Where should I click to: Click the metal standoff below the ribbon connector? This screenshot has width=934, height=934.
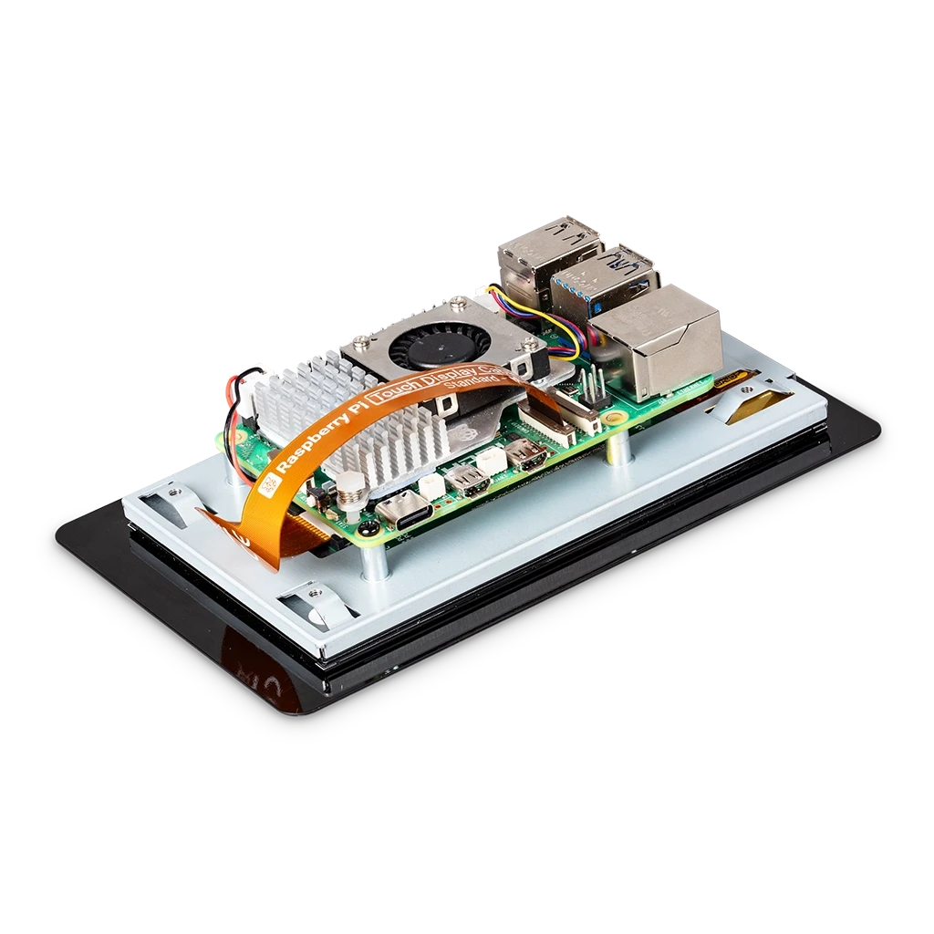pyautogui.click(x=618, y=448)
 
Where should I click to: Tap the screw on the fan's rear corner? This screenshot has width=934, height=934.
pyautogui.click(x=453, y=299)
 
